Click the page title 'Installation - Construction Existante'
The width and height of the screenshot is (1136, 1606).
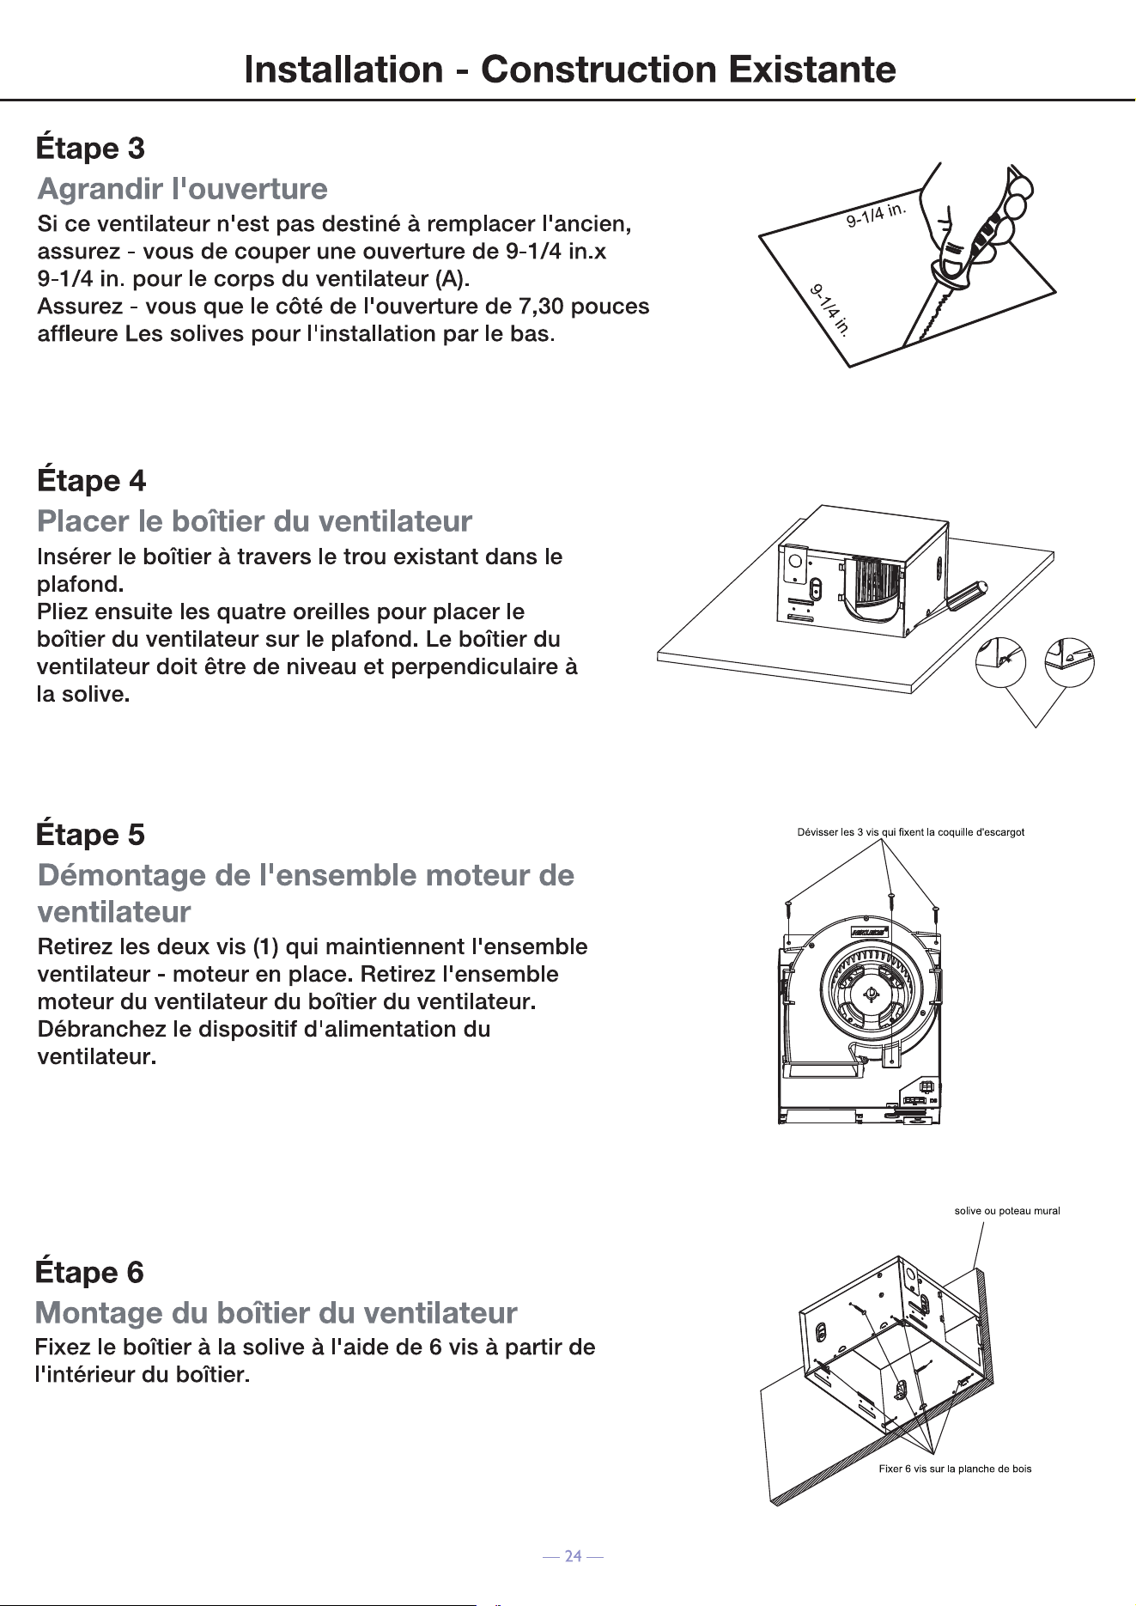(570, 70)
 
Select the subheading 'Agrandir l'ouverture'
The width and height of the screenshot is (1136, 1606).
(183, 188)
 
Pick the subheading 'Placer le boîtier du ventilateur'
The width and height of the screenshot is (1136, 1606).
(255, 520)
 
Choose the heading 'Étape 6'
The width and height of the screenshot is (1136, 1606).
(89, 1271)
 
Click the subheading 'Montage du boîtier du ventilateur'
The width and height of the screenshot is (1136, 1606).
(276, 1312)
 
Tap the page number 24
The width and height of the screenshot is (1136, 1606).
(574, 1556)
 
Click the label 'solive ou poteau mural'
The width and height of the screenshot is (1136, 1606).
(1007, 1211)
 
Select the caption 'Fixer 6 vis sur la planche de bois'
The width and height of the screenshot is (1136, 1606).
(955, 1469)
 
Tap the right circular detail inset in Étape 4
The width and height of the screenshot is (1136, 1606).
(1069, 660)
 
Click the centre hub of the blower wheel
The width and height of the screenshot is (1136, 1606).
(871, 995)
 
